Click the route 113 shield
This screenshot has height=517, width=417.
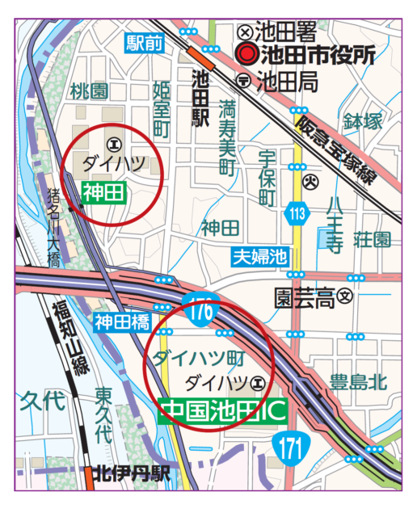297,214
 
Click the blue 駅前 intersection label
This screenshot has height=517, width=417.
145,44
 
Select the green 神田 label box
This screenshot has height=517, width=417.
103,191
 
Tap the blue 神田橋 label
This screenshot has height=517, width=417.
121,322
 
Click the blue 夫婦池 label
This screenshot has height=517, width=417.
260,257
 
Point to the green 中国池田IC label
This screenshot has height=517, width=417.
223,410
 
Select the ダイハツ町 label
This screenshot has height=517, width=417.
198,355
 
